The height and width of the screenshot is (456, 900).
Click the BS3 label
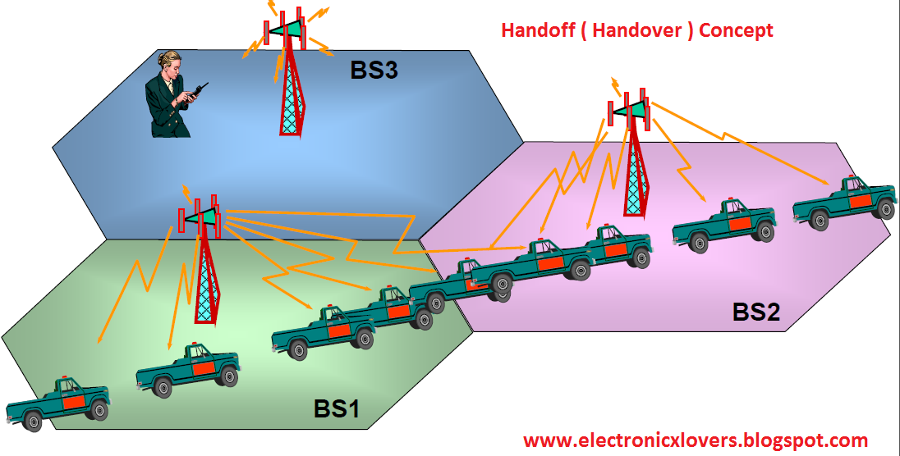(374, 70)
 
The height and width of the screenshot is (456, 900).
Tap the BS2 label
(755, 312)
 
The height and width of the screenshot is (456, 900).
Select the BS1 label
(337, 408)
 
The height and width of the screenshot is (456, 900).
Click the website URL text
(695, 440)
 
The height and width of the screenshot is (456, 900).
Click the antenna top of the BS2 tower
(631, 108)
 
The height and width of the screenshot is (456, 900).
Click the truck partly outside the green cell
(57, 402)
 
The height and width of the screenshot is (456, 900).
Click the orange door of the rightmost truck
(860, 201)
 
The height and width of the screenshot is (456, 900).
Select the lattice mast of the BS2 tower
(633, 176)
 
